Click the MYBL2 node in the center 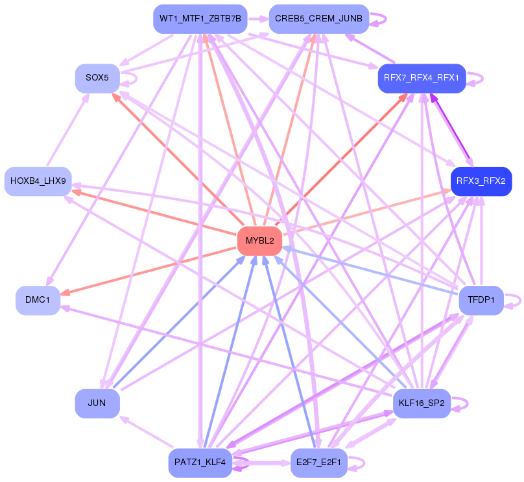click(260, 241)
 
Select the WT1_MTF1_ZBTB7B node click(200, 19)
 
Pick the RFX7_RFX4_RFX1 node click(422, 78)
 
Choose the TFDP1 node click(481, 300)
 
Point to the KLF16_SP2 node click(422, 403)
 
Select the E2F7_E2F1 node click(318, 463)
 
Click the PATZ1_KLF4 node click(200, 463)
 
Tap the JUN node click(97, 403)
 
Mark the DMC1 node click(38, 300)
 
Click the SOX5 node click(97, 78)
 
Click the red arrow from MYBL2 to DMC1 click(149, 270)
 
